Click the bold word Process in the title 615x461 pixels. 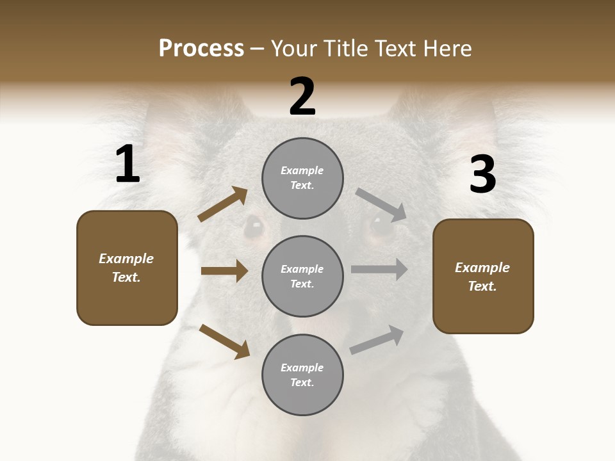coord(201,49)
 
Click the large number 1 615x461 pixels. coord(127,165)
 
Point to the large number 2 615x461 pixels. coord(302,97)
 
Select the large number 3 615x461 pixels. coord(482,174)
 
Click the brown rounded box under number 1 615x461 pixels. coord(127,268)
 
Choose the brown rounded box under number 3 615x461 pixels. coord(483,276)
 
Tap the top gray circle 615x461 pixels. coord(302,178)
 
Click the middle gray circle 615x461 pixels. coord(302,276)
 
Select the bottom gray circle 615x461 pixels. coord(302,375)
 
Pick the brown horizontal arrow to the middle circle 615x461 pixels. coord(224,271)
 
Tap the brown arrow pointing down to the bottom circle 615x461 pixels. coord(224,341)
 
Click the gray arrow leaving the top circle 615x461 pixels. coord(381,204)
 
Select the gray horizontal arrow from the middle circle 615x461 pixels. coord(379,270)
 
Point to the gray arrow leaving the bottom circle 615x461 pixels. coord(377,339)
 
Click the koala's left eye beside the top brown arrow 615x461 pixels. coord(255,225)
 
